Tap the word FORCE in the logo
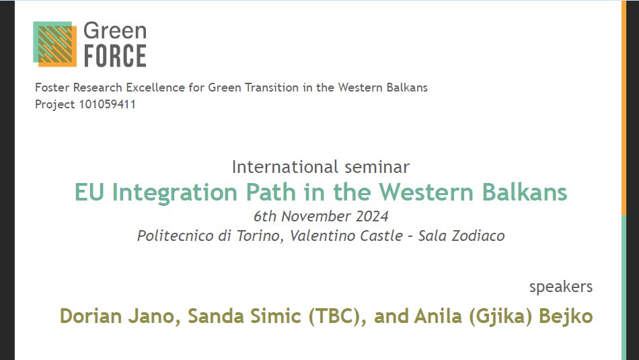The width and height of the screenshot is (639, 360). coord(114,55)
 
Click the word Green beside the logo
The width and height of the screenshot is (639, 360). coord(114,31)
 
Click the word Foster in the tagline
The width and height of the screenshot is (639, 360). coord(52,87)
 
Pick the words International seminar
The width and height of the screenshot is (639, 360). coord(320,167)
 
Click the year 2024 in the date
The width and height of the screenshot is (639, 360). coord(372,217)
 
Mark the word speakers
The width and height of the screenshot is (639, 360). coord(561,287)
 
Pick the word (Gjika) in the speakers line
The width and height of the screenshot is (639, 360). coord(496,316)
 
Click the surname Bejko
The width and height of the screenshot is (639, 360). coord(567,316)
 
